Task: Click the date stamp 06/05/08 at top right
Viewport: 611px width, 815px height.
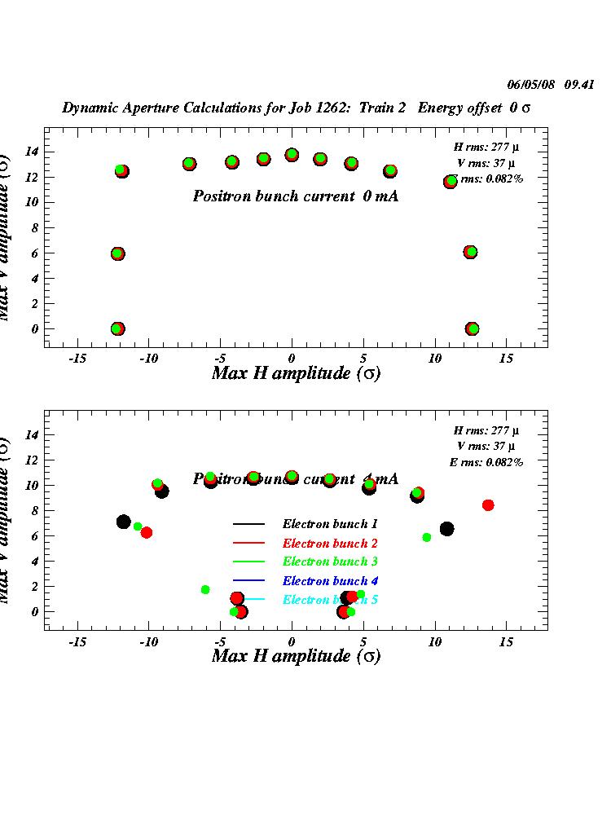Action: [x=529, y=84]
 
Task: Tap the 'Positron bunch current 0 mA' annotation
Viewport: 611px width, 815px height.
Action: [x=296, y=196]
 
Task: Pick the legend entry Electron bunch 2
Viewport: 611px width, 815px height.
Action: [x=330, y=543]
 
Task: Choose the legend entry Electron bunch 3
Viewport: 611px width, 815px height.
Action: [x=330, y=562]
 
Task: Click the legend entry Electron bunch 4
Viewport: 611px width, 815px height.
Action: [x=330, y=581]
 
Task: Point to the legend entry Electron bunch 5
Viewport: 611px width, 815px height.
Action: [x=330, y=600]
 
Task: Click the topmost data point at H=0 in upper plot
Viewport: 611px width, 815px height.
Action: [x=292, y=155]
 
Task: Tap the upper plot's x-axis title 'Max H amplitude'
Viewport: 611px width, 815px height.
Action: [x=296, y=373]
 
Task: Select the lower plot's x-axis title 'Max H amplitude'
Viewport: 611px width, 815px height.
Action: [x=296, y=655]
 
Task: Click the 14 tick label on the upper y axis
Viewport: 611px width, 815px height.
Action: [x=32, y=152]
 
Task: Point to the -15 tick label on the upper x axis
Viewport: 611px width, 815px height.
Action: [x=77, y=359]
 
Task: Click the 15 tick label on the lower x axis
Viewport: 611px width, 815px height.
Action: [x=506, y=641]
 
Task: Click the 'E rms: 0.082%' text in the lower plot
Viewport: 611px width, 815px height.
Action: [x=486, y=462]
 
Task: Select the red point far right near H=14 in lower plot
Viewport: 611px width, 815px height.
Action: [x=488, y=505]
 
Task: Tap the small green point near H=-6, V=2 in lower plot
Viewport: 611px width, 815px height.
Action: [x=205, y=589]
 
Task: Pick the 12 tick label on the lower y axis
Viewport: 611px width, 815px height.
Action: [x=32, y=460]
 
